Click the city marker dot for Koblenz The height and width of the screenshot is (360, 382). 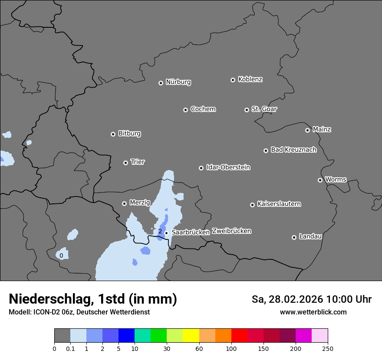(x=233, y=80)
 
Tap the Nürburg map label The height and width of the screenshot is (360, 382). (x=178, y=82)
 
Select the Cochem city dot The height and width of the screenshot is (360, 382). (x=185, y=110)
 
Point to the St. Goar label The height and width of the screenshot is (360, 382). (x=264, y=109)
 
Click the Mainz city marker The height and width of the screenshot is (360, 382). (x=307, y=130)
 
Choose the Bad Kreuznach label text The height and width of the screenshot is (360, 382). (x=293, y=150)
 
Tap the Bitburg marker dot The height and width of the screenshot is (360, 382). (x=113, y=134)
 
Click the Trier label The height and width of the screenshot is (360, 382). (x=138, y=162)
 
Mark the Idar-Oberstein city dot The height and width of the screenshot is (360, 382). (x=201, y=168)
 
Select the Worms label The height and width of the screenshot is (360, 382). (x=336, y=179)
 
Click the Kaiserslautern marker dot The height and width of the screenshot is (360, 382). (x=252, y=205)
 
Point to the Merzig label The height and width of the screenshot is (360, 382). (x=140, y=203)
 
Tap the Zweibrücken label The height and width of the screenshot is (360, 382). (x=231, y=231)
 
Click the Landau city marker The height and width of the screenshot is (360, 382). (x=294, y=237)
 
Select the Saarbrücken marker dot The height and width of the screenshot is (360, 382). (x=166, y=233)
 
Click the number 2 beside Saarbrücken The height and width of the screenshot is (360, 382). (x=160, y=232)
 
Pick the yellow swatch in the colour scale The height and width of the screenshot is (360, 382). (x=191, y=336)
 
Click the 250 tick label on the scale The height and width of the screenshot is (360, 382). (x=328, y=349)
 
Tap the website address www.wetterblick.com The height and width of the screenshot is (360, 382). (x=313, y=312)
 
